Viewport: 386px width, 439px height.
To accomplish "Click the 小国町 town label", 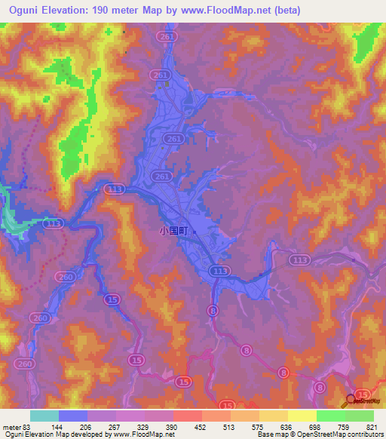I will coord(174,232).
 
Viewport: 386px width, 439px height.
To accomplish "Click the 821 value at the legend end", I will coord(369,426).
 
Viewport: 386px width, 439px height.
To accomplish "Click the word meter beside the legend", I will coord(11,426).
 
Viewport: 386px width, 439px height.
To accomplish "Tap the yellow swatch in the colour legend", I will coord(302,416).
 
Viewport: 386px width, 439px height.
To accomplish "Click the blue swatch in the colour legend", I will coord(73,416).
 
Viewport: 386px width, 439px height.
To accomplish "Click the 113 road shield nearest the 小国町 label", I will coord(221,271).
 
